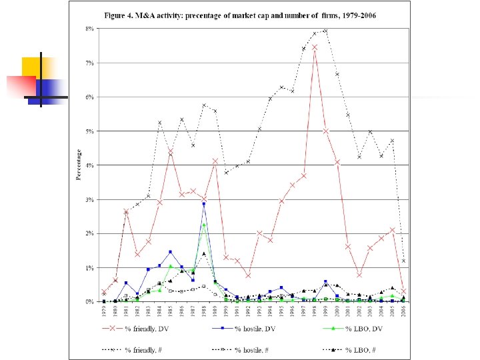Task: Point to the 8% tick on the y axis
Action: (88, 29)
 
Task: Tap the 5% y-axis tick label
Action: (88, 131)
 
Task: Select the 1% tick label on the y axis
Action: (88, 268)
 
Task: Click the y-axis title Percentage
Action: (79, 165)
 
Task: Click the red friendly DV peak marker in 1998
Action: (315, 47)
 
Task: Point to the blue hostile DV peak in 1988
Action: (204, 203)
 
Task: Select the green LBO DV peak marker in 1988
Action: (204, 225)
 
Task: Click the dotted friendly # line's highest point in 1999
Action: (325, 31)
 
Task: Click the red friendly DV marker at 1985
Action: (171, 153)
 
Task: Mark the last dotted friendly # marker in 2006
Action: (404, 261)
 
